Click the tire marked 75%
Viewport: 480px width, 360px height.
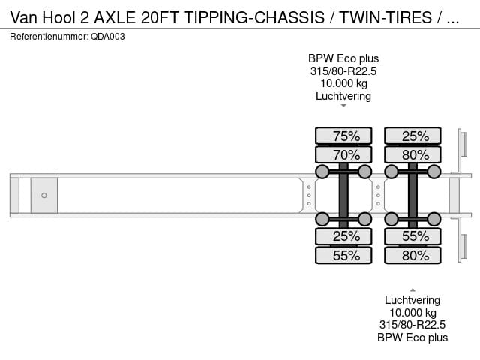pyautogui.click(x=343, y=136)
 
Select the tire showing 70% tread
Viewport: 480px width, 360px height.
pyautogui.click(x=343, y=154)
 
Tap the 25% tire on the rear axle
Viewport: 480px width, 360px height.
pyautogui.click(x=412, y=136)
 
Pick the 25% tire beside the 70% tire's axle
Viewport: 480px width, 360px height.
pyautogui.click(x=343, y=236)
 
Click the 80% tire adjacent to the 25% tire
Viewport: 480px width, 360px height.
pyautogui.click(x=412, y=154)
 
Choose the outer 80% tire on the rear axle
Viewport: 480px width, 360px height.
pyautogui.click(x=412, y=255)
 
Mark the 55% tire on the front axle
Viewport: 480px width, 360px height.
pyautogui.click(x=343, y=255)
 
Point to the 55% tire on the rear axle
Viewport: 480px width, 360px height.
pyautogui.click(x=412, y=236)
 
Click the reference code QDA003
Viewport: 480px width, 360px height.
pyautogui.click(x=108, y=37)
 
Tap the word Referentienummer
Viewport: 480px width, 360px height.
pyautogui.click(x=49, y=37)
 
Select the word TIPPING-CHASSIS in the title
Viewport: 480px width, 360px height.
pyautogui.click(x=254, y=17)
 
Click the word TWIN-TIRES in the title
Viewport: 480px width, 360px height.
pyautogui.click(x=385, y=17)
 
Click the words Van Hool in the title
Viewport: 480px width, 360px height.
pyautogui.click(x=43, y=17)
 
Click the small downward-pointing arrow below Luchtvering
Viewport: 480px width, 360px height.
pyautogui.click(x=343, y=106)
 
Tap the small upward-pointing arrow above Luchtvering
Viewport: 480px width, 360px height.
pyautogui.click(x=412, y=290)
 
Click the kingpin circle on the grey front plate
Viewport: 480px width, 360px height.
pyautogui.click(x=44, y=195)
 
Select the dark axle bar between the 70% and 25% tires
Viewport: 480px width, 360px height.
pyautogui.click(x=343, y=195)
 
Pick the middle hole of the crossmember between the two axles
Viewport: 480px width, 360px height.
pyautogui.click(x=378, y=195)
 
